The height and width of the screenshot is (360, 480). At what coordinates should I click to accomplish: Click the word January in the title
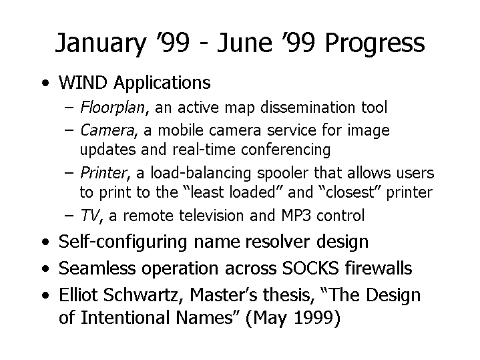coord(100,43)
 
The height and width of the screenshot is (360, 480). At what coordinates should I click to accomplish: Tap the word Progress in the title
coord(375,43)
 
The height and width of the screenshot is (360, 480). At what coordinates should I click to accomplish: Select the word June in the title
coord(244,42)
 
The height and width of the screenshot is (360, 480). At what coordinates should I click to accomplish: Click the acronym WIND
coord(83,82)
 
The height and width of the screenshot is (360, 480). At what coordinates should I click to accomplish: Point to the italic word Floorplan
coord(112,108)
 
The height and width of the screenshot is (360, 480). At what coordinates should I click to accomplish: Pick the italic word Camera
coord(107,130)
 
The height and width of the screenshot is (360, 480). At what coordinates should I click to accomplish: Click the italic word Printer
coord(103,173)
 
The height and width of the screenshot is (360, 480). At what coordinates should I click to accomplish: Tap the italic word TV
coord(89,215)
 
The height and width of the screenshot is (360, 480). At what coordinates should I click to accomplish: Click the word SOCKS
coord(310,268)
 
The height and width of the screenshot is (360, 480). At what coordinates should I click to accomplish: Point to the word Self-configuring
coord(122,242)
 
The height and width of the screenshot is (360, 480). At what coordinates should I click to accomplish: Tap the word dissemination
coord(308,108)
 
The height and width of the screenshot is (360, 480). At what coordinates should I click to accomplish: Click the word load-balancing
coord(200,174)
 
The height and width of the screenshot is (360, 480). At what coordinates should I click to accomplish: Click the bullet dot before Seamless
coord(45,268)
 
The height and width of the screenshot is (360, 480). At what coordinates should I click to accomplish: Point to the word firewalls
coord(379,268)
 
